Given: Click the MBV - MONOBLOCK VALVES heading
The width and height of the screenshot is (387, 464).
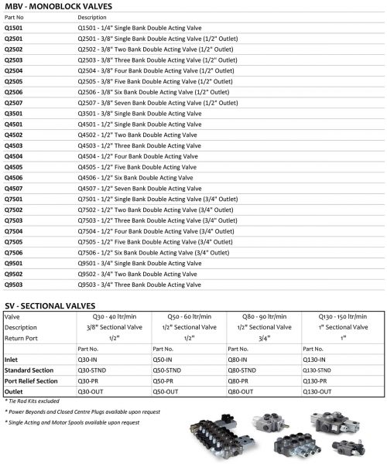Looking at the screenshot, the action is (x=47, y=6).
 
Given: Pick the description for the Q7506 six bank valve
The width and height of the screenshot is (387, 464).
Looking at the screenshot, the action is (x=153, y=252).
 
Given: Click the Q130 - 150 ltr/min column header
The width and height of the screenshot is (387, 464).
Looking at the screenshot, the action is (x=341, y=316).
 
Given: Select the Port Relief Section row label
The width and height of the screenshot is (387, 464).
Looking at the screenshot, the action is (x=32, y=380).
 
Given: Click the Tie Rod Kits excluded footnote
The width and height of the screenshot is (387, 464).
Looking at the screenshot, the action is (x=33, y=401).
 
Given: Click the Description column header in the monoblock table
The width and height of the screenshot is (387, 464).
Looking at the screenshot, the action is (x=92, y=16).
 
